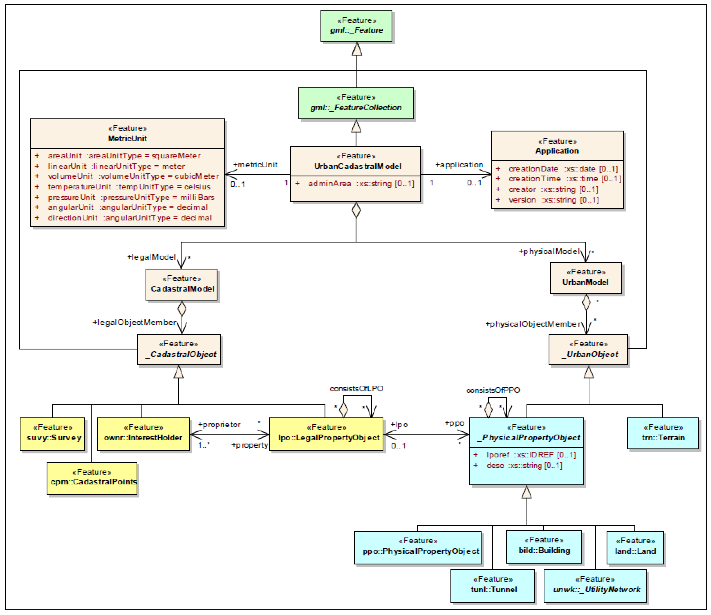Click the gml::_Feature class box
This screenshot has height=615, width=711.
pyautogui.click(x=356, y=26)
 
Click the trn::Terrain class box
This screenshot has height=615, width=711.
pyautogui.click(x=663, y=433)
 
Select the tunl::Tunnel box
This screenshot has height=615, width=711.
pyautogui.click(x=493, y=586)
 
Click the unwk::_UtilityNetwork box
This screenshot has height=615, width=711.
pyautogui.click(x=595, y=586)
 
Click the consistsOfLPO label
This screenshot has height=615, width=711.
pyautogui.click(x=356, y=389)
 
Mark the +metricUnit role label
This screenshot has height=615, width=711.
pyautogui.click(x=255, y=165)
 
